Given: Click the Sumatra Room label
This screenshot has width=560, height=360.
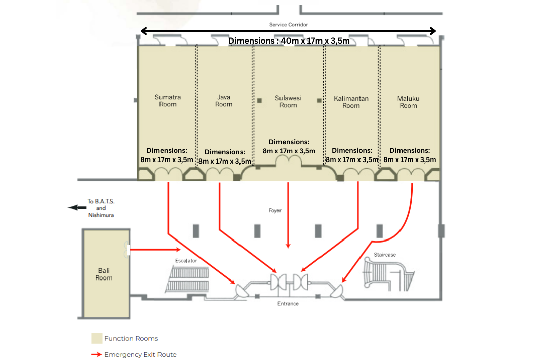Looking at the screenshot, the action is tap(168, 101).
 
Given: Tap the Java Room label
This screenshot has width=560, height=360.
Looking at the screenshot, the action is tap(224, 101).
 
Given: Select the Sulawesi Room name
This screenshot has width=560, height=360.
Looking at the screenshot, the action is tap(288, 101).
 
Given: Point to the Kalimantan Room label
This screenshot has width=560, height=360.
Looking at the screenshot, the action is tap(351, 102).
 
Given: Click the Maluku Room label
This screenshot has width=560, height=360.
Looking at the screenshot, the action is tap(408, 102).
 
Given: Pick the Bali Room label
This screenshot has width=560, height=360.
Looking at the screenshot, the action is tap(104, 274).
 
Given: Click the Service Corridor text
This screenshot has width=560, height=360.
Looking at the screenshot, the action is tap(289, 25).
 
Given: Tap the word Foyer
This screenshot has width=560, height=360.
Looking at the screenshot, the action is tap(275, 210).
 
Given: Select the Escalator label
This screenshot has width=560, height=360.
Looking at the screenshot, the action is tap(186, 261).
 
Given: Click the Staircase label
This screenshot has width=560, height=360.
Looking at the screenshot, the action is tap(385, 255).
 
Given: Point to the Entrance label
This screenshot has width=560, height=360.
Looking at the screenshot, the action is tap(288, 304).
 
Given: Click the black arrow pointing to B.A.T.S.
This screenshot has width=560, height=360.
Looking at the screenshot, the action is tap(77, 208).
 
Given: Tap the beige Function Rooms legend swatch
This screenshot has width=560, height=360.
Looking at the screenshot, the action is tap(97, 338).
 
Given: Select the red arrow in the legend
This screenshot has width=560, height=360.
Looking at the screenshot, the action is tap(96, 354).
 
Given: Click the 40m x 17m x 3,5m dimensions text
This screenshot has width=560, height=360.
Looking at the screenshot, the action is tap(289, 41).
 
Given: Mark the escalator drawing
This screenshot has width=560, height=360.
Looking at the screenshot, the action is tap(187, 279).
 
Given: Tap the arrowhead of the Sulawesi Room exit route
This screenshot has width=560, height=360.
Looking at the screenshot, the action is tap(288, 246).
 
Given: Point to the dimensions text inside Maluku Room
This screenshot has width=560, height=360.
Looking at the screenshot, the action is tap(410, 155).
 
